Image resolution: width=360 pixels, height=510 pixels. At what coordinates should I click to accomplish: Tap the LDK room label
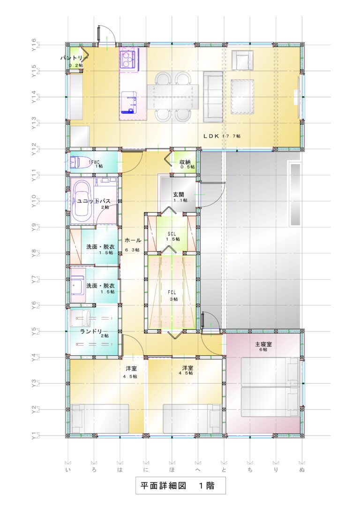coord(222,136)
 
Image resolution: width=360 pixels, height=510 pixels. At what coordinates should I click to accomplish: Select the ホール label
coord(133,240)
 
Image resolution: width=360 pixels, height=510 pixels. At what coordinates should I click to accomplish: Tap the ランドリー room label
coord(92,332)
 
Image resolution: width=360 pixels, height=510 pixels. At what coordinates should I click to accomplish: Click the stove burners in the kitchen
coord(127,60)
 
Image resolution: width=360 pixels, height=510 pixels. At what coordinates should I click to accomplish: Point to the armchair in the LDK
coord(242,60)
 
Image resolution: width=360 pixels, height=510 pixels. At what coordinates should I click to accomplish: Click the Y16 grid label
coord(34,45)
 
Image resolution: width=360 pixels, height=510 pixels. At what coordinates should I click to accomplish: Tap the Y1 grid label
coord(34,436)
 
